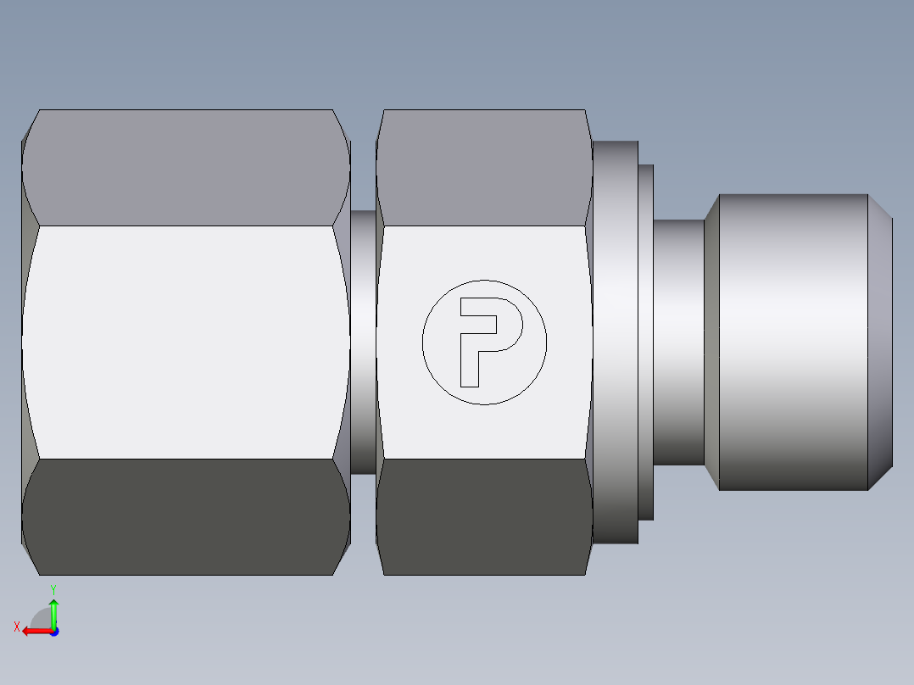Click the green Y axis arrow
click(x=53, y=612)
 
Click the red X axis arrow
click(x=34, y=631)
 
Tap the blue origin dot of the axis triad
click(x=53, y=631)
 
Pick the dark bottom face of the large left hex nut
click(x=187, y=517)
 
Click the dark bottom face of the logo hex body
click(x=483, y=517)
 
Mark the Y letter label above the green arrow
click(x=53, y=588)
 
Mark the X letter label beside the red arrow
click(x=17, y=627)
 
